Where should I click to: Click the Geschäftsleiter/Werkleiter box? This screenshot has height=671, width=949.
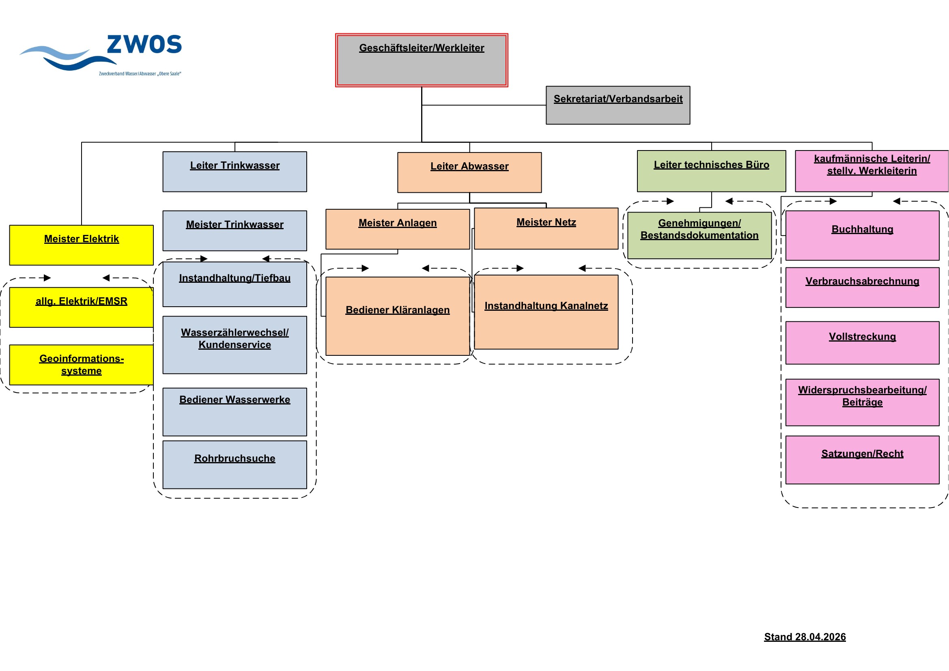(422, 60)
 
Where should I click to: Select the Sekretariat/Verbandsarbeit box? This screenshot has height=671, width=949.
(618, 105)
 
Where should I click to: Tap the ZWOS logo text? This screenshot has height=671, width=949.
(144, 44)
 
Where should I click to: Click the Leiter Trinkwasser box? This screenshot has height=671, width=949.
(235, 172)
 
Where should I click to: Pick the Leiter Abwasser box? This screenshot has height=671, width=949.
(469, 173)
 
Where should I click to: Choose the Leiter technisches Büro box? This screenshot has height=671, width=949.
(711, 171)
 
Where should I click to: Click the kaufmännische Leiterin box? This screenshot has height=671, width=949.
(872, 171)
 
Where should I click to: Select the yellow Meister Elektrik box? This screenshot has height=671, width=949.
(82, 245)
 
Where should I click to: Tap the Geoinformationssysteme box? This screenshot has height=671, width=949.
(82, 365)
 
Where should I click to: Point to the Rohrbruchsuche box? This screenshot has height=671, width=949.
(235, 465)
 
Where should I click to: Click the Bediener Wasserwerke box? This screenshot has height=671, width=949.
(235, 412)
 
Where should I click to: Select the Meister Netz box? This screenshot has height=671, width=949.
(546, 229)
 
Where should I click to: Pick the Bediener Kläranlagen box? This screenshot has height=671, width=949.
(398, 316)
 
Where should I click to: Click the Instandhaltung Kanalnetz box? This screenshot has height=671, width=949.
(546, 312)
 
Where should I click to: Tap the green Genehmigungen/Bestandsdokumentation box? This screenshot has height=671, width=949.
(699, 236)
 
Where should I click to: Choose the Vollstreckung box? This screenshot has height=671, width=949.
(862, 343)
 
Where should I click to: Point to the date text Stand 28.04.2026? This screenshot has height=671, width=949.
(805, 637)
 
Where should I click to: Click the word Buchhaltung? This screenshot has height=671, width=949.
(862, 229)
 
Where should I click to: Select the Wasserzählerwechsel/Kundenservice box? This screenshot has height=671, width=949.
(235, 345)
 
